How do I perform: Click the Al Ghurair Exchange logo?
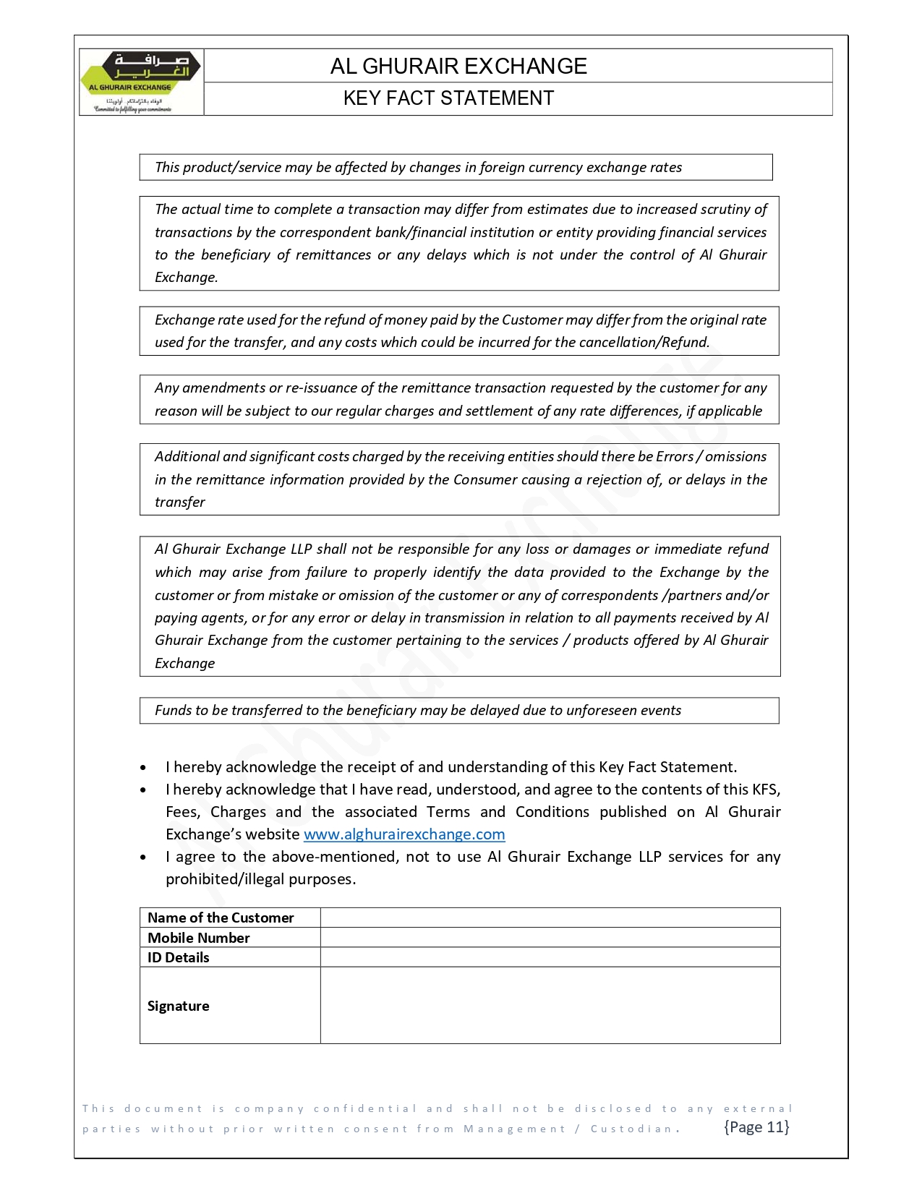(x=141, y=82)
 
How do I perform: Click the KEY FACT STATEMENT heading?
(x=448, y=98)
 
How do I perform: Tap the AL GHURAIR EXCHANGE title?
(x=458, y=67)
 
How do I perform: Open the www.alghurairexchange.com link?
(x=404, y=834)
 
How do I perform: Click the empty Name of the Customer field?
(x=550, y=918)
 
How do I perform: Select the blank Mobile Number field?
(x=550, y=938)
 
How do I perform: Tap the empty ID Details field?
(x=550, y=957)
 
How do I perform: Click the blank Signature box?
(x=550, y=1005)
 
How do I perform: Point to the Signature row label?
(x=179, y=1006)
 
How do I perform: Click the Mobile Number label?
(x=199, y=938)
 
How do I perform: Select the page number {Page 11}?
(x=756, y=1127)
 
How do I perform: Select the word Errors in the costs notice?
(x=674, y=456)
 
